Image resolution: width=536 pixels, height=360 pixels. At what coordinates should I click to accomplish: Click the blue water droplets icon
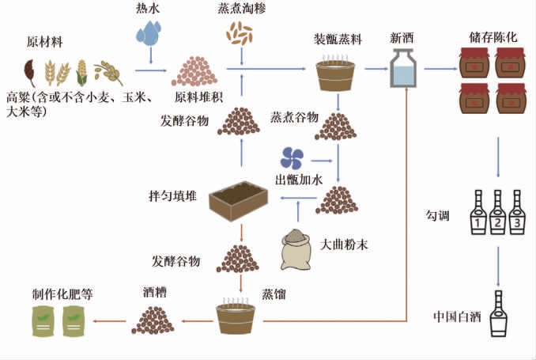(148, 34)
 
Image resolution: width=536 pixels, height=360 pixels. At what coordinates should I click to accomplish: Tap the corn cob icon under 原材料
(81, 73)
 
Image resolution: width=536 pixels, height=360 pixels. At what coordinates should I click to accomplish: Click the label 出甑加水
(298, 178)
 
